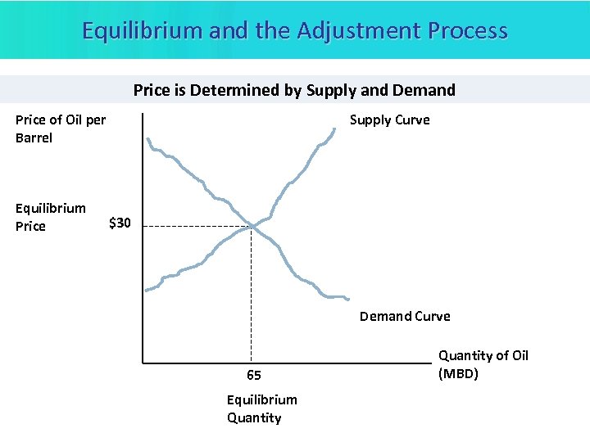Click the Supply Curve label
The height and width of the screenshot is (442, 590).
[389, 120]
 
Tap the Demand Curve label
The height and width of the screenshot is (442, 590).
[405, 316]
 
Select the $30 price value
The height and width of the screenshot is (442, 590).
[120, 223]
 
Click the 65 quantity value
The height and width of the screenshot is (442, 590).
[254, 376]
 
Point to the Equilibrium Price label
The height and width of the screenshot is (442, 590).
[50, 217]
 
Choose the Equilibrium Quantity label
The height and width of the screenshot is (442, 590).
[261, 408]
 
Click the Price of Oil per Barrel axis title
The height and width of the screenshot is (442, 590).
[60, 129]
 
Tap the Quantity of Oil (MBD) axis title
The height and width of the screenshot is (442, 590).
[483, 364]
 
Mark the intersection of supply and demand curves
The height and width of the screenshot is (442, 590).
[252, 225]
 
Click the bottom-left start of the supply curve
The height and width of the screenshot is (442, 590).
[147, 290]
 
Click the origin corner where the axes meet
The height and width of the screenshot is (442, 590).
[143, 362]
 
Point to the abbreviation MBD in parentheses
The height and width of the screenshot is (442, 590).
[458, 374]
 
